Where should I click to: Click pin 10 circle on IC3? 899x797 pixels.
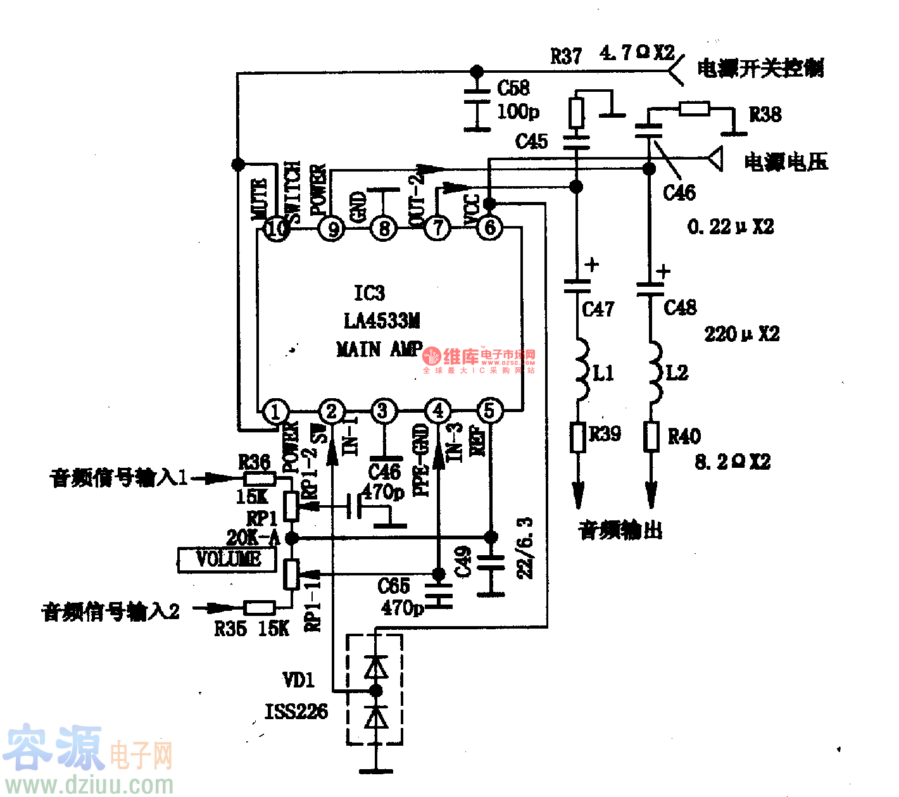pyautogui.click(x=277, y=228)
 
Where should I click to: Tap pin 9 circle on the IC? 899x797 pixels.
pyautogui.click(x=332, y=228)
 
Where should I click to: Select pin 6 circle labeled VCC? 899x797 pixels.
pyautogui.click(x=489, y=227)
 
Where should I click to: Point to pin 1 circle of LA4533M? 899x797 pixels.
pyautogui.click(x=275, y=411)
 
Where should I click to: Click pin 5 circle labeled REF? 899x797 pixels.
pyautogui.click(x=489, y=411)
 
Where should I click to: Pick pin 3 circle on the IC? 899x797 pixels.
pyautogui.click(x=382, y=411)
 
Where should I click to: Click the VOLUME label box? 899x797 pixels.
pyautogui.click(x=227, y=560)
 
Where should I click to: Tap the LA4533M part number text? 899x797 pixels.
pyautogui.click(x=382, y=321)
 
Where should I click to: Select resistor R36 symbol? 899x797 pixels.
pyautogui.click(x=259, y=479)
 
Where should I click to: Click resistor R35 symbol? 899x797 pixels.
pyautogui.click(x=259, y=608)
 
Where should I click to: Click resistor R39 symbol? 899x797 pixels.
pyautogui.click(x=577, y=437)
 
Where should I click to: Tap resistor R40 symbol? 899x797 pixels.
pyautogui.click(x=651, y=437)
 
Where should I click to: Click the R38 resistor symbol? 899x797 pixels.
pyautogui.click(x=694, y=109)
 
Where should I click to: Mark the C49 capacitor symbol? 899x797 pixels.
pyautogui.click(x=491, y=562)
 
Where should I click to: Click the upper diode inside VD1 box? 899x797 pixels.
pyautogui.click(x=376, y=667)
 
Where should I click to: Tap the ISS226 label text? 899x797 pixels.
pyautogui.click(x=296, y=712)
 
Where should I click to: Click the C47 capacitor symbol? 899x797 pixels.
pyautogui.click(x=577, y=286)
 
